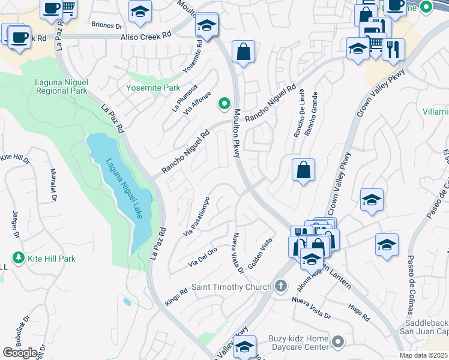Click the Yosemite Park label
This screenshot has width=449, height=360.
[153, 88]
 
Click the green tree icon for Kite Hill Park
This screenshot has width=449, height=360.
[18, 258]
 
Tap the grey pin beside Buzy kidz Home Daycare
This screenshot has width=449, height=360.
[339, 343]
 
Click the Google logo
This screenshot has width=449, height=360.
[20, 352]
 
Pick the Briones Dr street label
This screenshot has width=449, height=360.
[106, 25]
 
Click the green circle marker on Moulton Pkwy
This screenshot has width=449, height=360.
[224, 103]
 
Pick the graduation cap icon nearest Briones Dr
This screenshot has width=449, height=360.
[140, 11]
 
